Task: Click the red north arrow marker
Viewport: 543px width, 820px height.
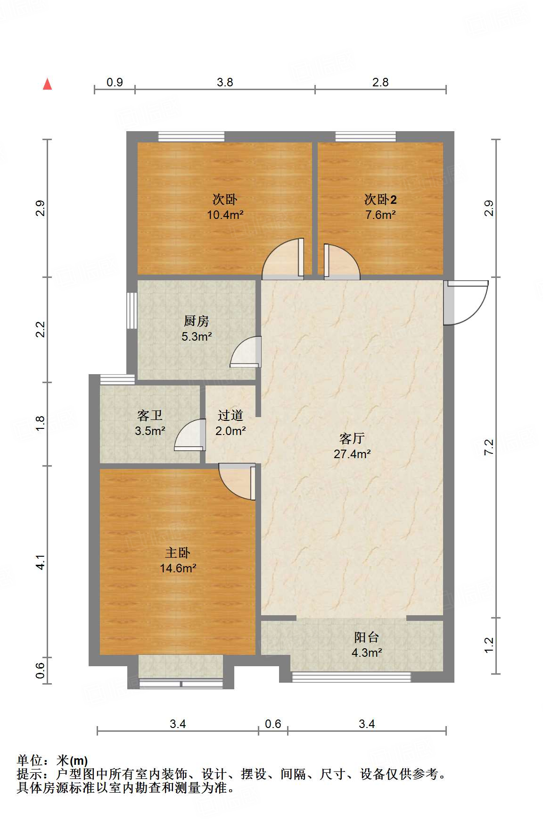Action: [48, 84]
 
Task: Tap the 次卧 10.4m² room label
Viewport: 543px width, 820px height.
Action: [225, 207]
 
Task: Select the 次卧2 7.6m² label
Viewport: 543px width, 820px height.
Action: [380, 207]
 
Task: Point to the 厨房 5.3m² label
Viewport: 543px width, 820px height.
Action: [197, 328]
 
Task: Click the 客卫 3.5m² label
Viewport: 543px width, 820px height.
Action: [150, 423]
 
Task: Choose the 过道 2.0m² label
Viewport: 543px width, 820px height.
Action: [230, 423]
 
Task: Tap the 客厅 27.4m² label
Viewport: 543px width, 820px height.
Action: [352, 446]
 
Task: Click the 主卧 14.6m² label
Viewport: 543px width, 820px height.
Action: [178, 560]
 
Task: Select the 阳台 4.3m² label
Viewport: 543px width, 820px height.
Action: [367, 644]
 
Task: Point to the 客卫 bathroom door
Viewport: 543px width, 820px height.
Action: [191, 435]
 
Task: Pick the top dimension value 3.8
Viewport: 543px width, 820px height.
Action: [225, 82]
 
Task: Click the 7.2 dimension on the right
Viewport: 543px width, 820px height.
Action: [489, 447]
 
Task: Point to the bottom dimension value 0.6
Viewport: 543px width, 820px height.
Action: [273, 724]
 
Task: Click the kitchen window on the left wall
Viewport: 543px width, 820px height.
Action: [132, 310]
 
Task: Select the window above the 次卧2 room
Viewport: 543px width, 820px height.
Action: [366, 137]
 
